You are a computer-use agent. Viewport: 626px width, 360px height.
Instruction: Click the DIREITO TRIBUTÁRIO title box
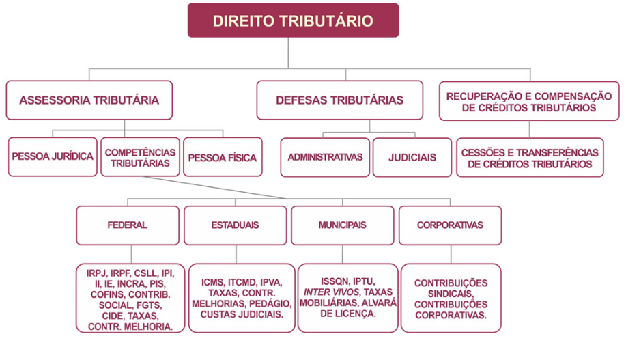click(x=293, y=20)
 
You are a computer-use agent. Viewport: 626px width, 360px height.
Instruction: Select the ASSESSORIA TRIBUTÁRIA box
click(x=89, y=100)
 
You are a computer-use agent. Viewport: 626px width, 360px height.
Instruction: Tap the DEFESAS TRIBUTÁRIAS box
click(x=340, y=100)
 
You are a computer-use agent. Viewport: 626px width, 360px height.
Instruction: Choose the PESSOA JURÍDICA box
click(x=53, y=156)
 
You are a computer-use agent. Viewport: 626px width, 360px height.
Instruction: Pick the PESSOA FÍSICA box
click(x=223, y=157)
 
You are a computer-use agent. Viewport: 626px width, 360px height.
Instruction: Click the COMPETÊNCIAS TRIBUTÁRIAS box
click(x=140, y=157)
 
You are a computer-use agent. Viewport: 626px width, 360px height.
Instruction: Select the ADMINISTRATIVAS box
click(x=325, y=157)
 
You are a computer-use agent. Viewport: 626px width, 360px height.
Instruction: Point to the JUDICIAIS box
click(x=412, y=157)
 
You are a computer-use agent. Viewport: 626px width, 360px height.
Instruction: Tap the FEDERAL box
click(x=128, y=225)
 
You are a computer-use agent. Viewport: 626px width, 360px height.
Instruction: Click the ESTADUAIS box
click(x=235, y=225)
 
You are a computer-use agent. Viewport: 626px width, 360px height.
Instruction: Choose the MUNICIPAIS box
click(x=343, y=225)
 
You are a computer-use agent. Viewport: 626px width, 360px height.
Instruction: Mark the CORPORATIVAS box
click(x=450, y=225)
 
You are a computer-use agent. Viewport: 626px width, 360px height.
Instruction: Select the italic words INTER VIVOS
click(x=332, y=292)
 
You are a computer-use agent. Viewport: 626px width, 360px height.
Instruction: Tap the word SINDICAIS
click(x=451, y=294)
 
